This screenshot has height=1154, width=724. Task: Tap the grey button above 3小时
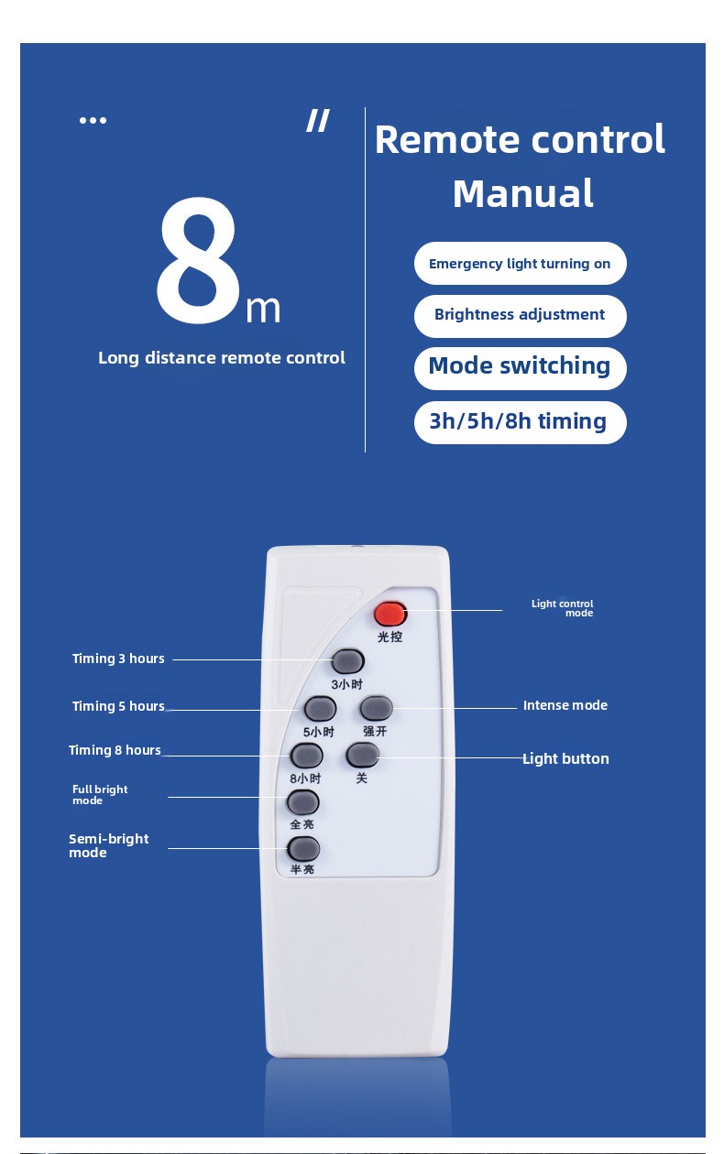pos(347,661)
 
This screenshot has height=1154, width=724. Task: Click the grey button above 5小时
pos(320,708)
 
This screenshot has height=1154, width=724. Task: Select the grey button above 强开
pos(376,707)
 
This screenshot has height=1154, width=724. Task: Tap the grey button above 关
pos(363,755)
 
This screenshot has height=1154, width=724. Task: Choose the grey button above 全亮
pos(302,802)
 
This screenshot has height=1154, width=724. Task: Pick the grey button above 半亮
pos(303,848)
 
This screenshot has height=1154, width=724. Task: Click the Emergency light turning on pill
pos(520,263)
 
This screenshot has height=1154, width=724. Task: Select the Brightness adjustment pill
pos(520,316)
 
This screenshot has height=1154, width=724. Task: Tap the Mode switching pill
pos(520,368)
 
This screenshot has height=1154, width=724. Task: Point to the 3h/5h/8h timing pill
pos(520,422)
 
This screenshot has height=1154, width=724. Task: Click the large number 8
pos(199,261)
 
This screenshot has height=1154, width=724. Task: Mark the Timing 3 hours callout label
pos(118,659)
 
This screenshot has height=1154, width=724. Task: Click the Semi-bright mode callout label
pos(109,845)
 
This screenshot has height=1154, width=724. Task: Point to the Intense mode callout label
pos(565,705)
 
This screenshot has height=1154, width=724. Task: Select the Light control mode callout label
pos(562,608)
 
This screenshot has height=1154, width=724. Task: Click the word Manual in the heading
pos(523,194)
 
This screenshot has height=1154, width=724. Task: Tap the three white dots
pos(93,121)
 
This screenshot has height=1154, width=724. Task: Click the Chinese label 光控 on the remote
pos(389,637)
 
